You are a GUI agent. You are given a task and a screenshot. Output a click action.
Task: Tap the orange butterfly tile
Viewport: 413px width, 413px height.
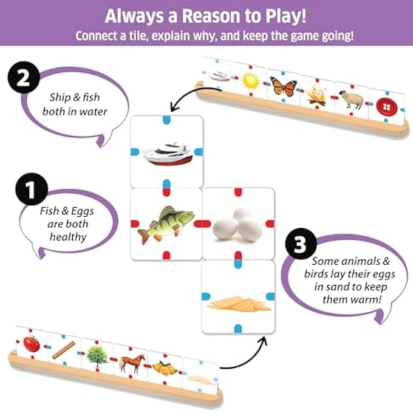coord(284,86)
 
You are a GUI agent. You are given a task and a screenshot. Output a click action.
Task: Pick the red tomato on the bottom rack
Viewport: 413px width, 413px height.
coord(31,343)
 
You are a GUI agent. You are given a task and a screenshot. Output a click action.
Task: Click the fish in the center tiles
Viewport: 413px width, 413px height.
coord(165,223)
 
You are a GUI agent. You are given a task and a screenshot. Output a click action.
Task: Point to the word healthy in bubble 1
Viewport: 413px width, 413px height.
coord(69,237)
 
